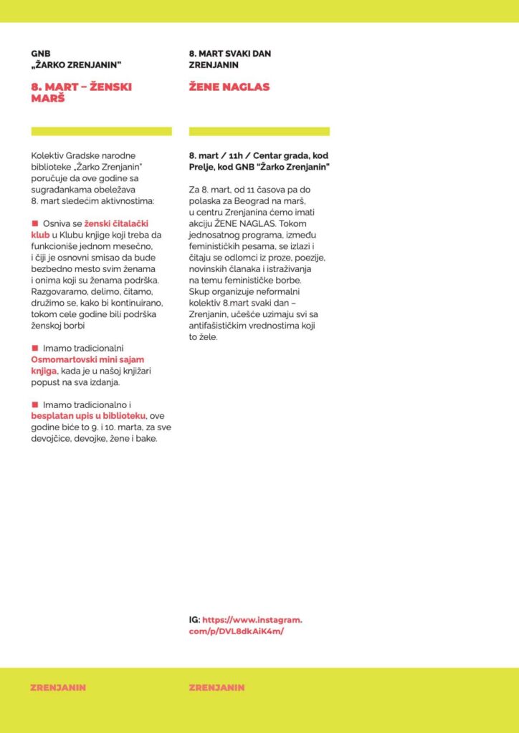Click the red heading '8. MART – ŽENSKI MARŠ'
tap(81, 92)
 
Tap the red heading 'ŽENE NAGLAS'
tap(229, 87)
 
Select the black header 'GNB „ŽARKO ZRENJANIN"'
tap(76, 59)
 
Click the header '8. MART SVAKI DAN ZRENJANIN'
tap(229, 59)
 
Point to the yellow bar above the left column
tap(101, 131)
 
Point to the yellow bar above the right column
tap(259, 131)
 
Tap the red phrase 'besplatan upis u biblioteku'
tap(88, 415)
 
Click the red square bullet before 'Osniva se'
tap(34, 223)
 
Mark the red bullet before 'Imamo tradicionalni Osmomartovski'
tap(34, 347)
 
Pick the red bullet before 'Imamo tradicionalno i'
tap(34, 404)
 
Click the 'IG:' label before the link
tap(194, 620)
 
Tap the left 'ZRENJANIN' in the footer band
tap(58, 687)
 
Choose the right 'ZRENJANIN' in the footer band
tap(216, 687)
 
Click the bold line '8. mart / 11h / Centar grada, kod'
tap(259, 155)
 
